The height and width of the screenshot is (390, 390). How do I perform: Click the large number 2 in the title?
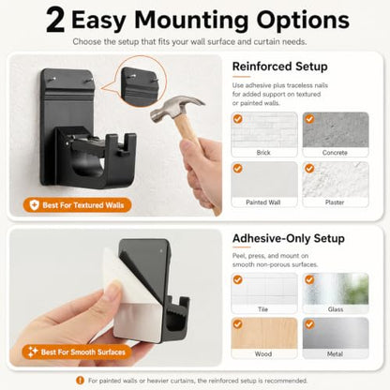(x=55, y=21)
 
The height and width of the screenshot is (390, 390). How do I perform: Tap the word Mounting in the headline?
(x=191, y=21)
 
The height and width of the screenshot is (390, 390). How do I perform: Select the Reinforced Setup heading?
(x=280, y=67)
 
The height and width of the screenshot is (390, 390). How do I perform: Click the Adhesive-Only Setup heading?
(x=289, y=238)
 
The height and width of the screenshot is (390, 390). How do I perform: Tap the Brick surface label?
(x=263, y=153)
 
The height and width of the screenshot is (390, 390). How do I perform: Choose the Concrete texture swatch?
(x=336, y=129)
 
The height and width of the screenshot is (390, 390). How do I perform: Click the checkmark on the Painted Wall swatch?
(x=237, y=169)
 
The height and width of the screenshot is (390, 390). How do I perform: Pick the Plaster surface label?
(x=335, y=202)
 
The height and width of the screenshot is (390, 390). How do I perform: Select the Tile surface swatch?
(x=264, y=289)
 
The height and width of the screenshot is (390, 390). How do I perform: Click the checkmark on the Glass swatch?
(x=309, y=279)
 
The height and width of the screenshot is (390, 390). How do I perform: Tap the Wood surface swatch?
(x=264, y=333)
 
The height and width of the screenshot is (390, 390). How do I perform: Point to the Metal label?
(x=335, y=354)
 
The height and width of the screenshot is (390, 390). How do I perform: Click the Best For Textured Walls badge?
(x=77, y=205)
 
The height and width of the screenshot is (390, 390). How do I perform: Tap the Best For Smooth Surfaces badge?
(x=77, y=352)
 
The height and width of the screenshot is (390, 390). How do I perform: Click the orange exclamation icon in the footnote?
(x=81, y=381)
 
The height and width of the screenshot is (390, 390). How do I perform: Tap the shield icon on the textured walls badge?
(x=34, y=205)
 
